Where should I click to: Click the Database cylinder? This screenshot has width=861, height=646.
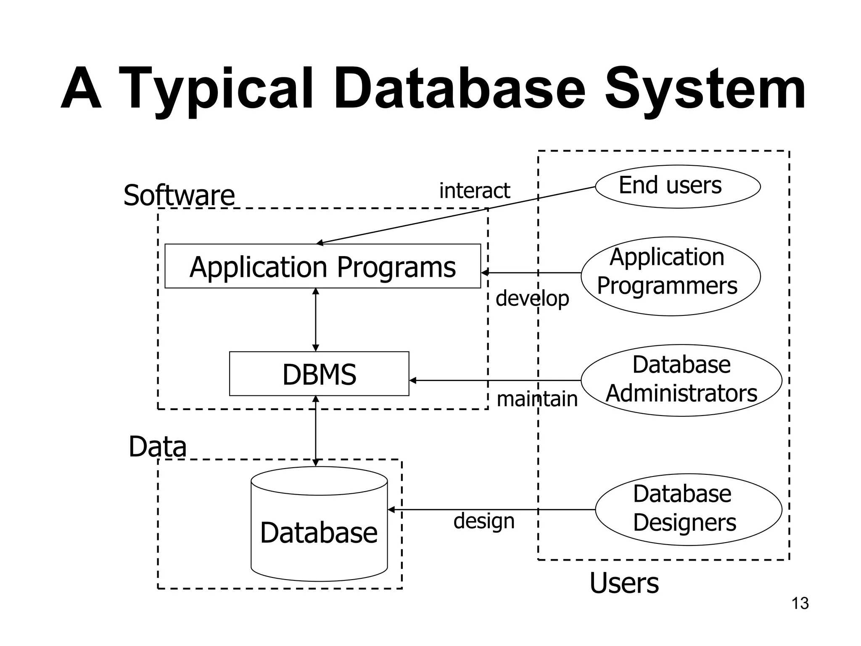click(319, 532)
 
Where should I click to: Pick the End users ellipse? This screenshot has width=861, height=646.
click(678, 186)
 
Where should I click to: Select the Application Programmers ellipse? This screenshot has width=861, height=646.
click(670, 276)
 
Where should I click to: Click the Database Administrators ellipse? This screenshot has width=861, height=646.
click(681, 380)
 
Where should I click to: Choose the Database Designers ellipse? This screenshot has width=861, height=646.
click(688, 509)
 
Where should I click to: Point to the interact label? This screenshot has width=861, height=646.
click(474, 191)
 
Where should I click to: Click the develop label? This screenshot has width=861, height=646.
click(532, 299)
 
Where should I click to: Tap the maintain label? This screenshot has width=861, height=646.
click(537, 399)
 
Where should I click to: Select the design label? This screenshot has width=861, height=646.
click(484, 521)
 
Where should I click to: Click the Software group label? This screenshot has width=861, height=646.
click(179, 196)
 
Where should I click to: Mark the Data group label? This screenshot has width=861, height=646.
click(157, 447)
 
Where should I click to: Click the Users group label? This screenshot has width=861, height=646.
click(624, 583)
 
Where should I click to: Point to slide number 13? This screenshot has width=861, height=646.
click(800, 604)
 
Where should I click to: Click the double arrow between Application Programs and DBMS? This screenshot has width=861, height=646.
click(316, 320)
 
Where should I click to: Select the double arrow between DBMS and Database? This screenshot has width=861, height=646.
click(316, 431)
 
